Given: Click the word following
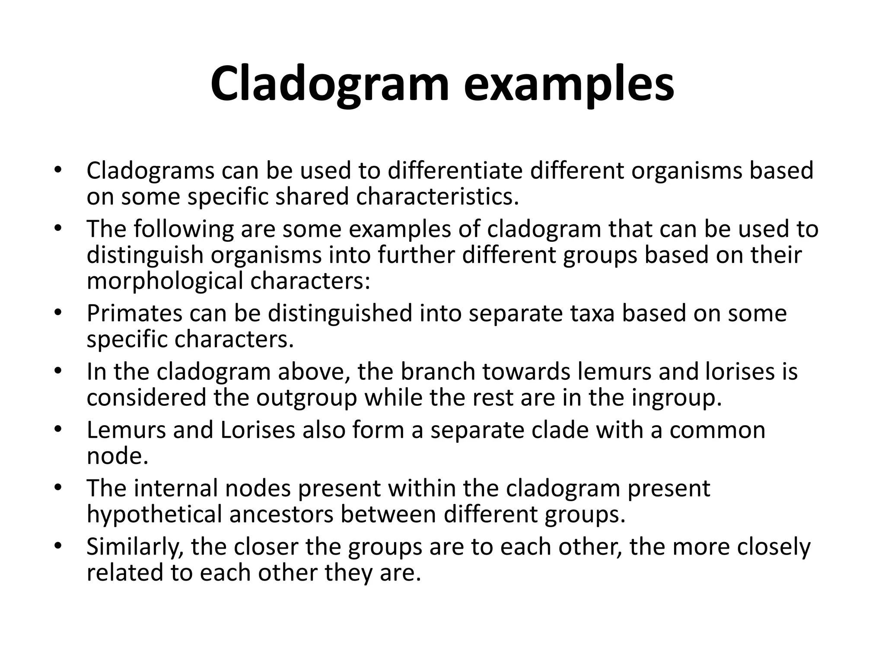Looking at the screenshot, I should tap(183, 229).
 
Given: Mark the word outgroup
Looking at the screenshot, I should tap(306, 398).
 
